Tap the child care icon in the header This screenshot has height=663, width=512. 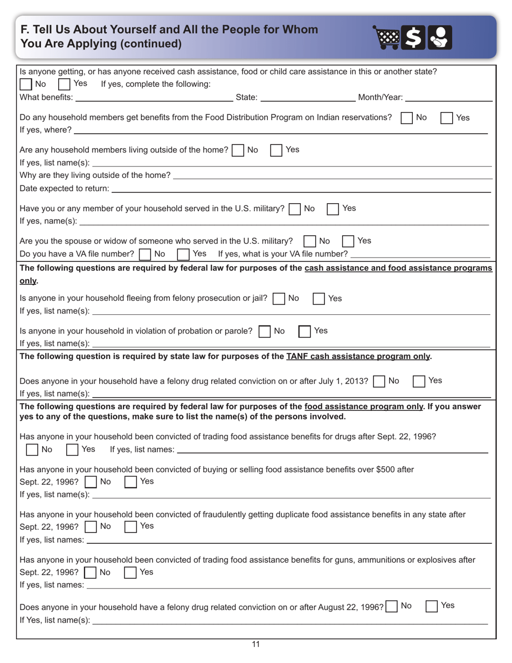440,38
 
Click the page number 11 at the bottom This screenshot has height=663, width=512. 255,644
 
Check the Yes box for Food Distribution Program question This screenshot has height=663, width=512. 447,118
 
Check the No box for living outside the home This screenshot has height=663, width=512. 237,150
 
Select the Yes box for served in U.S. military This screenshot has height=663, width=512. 333,209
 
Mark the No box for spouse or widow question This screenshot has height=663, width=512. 310,241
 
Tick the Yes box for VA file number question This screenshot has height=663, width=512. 183,253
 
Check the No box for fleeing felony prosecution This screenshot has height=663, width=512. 279,299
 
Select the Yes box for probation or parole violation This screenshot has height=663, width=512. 305,331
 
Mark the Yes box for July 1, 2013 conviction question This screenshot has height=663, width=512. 419,381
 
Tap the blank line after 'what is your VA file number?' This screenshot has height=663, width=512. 420,254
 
